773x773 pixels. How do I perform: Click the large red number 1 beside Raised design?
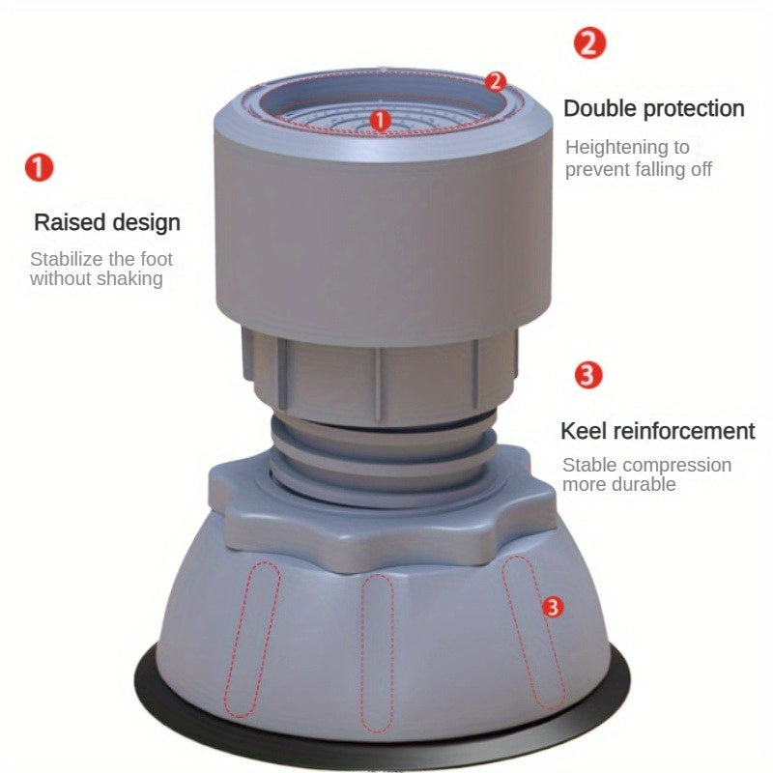click(39, 168)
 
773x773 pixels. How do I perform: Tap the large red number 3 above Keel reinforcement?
click(588, 375)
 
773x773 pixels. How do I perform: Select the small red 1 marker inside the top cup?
click(381, 121)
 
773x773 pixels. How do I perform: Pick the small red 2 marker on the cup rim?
click(496, 81)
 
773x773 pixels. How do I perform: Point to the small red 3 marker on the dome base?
click(553, 607)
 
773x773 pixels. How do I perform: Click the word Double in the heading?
click(602, 108)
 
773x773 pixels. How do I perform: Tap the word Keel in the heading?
click(582, 431)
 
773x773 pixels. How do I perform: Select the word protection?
click(695, 108)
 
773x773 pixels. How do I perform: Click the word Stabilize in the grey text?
click(70, 259)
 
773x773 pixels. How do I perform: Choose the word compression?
click(674, 465)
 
